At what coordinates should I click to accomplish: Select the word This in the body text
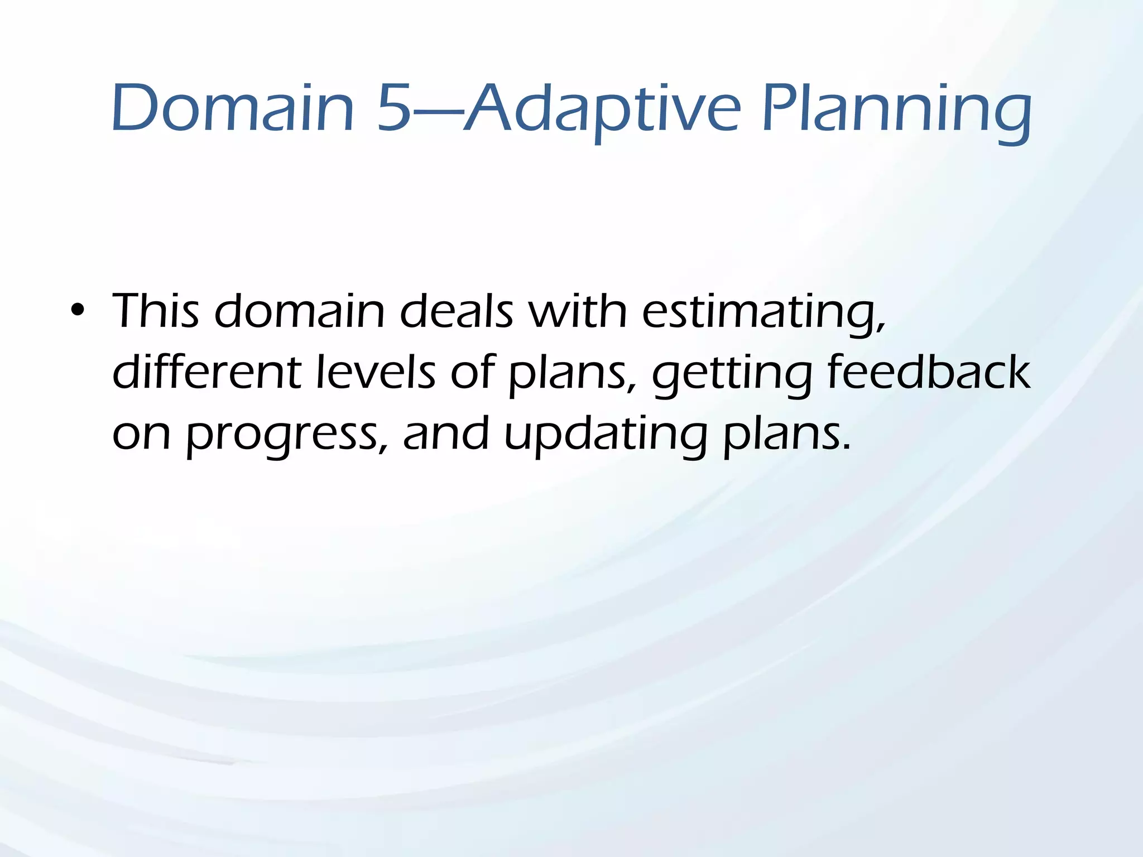tap(156, 311)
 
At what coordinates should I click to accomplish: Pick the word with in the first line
tap(578, 311)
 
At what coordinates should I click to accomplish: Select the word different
tap(207, 372)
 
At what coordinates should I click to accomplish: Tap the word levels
tap(376, 372)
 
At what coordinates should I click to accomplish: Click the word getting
tap(732, 375)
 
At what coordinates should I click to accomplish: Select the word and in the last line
tap(446, 434)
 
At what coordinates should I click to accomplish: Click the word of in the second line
tap(472, 372)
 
